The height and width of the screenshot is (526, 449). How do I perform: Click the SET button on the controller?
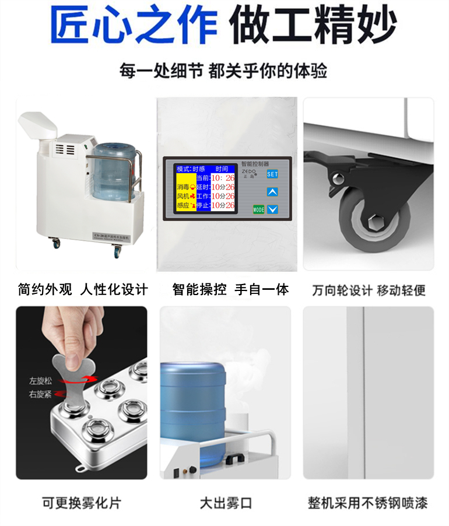[x=272, y=174]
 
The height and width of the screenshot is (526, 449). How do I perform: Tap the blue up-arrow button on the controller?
[x=272, y=191]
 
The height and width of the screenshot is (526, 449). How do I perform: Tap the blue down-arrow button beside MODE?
[x=272, y=209]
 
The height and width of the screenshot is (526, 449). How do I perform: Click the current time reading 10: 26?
[x=223, y=177]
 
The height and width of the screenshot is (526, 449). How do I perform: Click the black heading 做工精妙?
[x=313, y=25]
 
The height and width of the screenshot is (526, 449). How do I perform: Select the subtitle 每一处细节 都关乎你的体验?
[x=223, y=71]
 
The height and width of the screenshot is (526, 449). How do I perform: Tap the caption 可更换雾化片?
[x=82, y=503]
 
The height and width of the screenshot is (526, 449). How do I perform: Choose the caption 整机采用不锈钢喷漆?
[x=368, y=503]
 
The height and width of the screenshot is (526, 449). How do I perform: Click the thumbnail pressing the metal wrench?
[x=82, y=392]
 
